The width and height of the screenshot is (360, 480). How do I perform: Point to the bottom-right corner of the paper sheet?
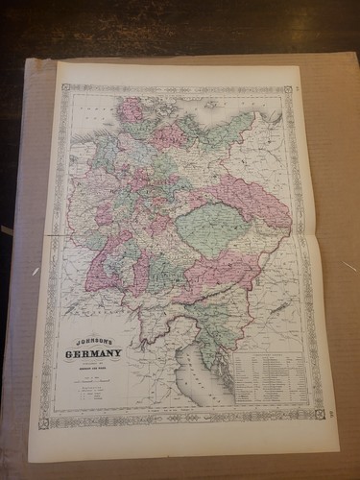point(339,448)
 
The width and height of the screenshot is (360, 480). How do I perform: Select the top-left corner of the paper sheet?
point(58,62)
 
